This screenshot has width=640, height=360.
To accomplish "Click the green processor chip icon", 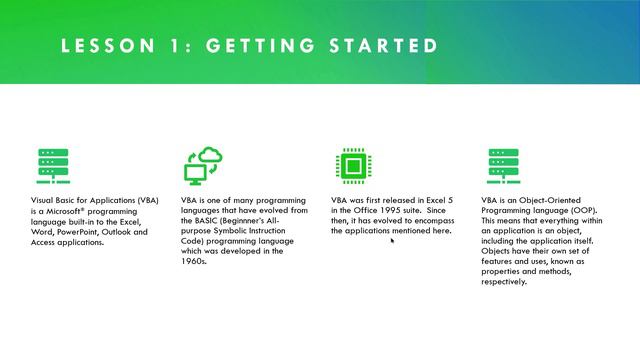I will [x=351, y=166].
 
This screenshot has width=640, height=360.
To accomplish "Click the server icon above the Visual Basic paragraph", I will [x=52, y=166].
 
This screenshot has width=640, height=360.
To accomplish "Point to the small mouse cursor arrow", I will [x=392, y=240].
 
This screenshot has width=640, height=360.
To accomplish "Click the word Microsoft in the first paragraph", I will [x=68, y=211].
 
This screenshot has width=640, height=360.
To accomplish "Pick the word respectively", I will [x=507, y=281].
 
